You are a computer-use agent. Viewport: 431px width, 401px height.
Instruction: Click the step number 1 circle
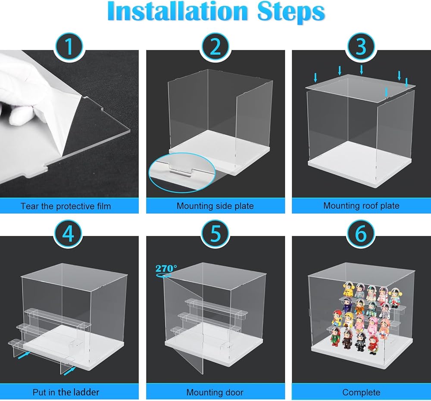pyautogui.click(x=69, y=47)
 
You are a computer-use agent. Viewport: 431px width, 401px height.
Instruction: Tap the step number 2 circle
pyautogui.click(x=215, y=47)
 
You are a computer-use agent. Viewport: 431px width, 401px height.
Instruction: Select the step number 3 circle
pyautogui.click(x=361, y=47)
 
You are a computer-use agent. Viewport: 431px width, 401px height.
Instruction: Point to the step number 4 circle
pyautogui.click(x=69, y=233)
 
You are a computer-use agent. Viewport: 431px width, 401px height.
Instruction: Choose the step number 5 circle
pyautogui.click(x=215, y=233)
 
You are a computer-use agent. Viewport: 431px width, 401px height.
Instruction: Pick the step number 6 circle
pyautogui.click(x=361, y=233)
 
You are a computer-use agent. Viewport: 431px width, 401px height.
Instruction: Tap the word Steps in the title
pyautogui.click(x=291, y=13)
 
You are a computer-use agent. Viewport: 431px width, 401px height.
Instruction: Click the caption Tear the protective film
pyautogui.click(x=66, y=206)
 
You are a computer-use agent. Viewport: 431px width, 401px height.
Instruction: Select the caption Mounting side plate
pyautogui.click(x=215, y=206)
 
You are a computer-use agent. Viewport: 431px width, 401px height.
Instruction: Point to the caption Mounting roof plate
pyautogui.click(x=361, y=206)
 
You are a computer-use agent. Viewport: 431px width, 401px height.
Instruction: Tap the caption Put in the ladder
pyautogui.click(x=66, y=392)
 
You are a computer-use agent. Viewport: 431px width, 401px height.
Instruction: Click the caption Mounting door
pyautogui.click(x=215, y=392)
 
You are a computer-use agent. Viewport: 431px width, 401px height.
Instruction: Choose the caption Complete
pyautogui.click(x=361, y=392)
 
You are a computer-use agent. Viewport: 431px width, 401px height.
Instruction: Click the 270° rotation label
pyautogui.click(x=166, y=268)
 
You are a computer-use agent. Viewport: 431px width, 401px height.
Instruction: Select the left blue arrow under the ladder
pyautogui.click(x=24, y=356)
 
